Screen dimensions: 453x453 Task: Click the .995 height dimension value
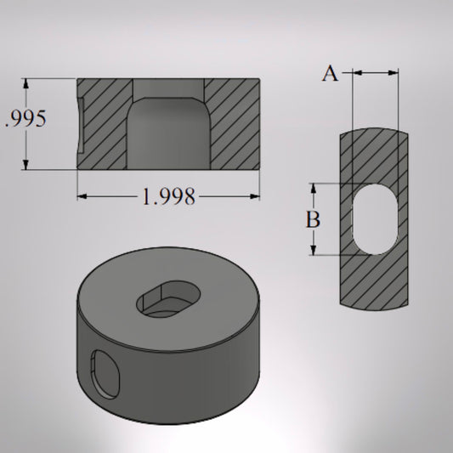click(25, 119)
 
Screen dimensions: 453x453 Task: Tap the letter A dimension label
click(330, 74)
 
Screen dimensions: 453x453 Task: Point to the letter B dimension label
click(314, 219)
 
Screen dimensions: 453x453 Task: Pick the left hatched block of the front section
click(104, 123)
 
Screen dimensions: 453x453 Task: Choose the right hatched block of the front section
click(234, 123)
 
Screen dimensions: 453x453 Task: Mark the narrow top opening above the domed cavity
click(168, 88)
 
